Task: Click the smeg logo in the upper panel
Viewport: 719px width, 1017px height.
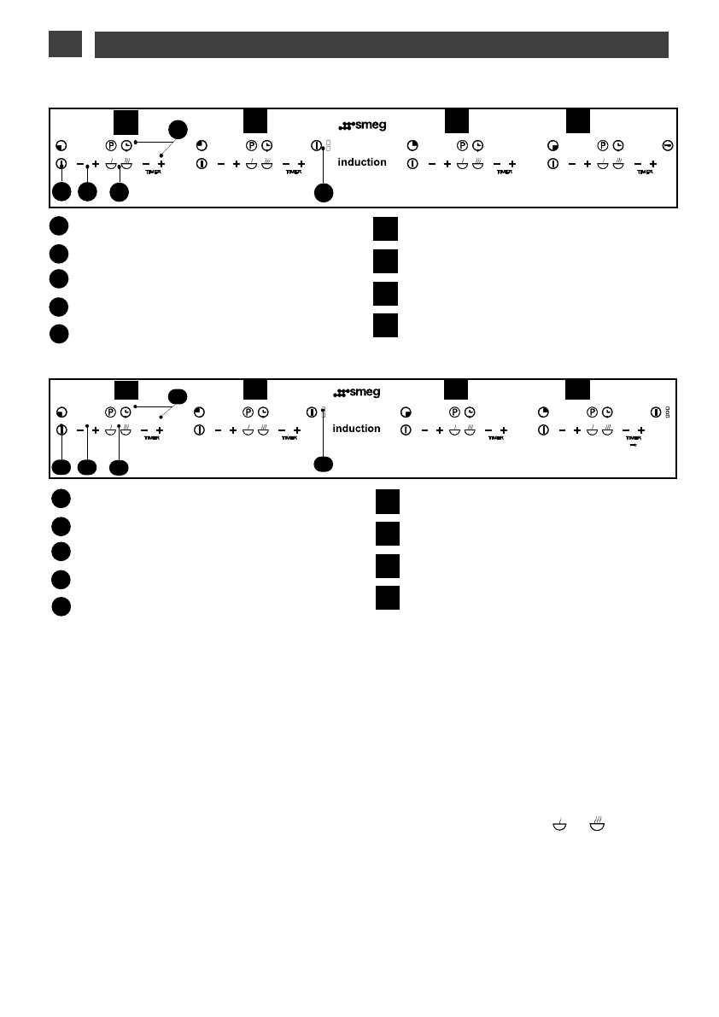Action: click(362, 126)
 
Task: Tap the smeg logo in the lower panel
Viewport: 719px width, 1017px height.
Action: click(356, 393)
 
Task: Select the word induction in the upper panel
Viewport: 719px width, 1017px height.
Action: click(362, 162)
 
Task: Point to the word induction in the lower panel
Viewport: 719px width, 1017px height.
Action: click(356, 429)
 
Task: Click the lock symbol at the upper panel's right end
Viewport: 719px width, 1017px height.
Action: click(666, 146)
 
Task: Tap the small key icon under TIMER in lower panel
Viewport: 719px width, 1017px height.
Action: click(632, 444)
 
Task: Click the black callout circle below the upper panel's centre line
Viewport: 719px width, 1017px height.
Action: click(323, 193)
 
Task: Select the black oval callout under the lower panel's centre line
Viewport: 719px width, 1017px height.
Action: click(323, 464)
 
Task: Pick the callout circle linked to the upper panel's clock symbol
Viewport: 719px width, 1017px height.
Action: click(177, 129)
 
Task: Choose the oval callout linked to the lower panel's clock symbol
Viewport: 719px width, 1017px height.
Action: click(177, 395)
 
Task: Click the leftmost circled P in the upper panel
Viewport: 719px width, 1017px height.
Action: click(111, 146)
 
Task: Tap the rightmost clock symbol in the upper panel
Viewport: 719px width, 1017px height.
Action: click(617, 146)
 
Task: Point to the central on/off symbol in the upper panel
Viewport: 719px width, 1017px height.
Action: click(316, 146)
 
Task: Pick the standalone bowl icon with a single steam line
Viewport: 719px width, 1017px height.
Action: click(559, 824)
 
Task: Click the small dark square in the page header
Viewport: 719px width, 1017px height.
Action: click(65, 44)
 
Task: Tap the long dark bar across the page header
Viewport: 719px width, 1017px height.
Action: click(381, 44)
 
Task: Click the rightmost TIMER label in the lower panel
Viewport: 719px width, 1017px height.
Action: click(633, 436)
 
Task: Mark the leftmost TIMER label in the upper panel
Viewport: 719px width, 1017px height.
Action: click(152, 172)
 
